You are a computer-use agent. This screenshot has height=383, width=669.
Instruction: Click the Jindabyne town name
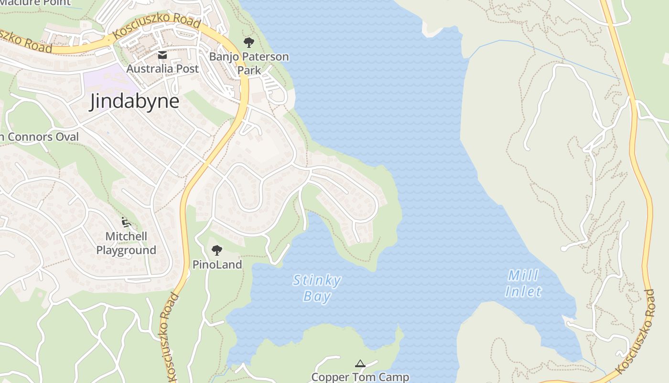pyautogui.click(x=134, y=101)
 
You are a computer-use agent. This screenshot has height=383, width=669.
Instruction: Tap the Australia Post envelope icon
pyautogui.click(x=162, y=55)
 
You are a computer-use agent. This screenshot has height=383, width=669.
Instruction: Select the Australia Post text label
pyautogui.click(x=162, y=68)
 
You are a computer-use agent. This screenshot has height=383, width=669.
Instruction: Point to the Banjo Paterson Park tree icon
pyautogui.click(x=248, y=43)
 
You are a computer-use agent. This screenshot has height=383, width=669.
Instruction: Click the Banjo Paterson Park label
pyautogui.click(x=249, y=63)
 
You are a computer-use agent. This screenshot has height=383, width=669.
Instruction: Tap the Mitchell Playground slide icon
pyautogui.click(x=126, y=222)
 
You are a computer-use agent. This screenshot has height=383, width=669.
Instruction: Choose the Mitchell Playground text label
pyautogui.click(x=126, y=243)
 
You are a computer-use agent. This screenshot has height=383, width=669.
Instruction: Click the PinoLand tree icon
pyautogui.click(x=217, y=250)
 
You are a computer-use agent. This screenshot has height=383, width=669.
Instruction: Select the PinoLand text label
pyautogui.click(x=217, y=264)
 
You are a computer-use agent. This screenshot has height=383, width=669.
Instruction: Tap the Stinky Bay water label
pyautogui.click(x=317, y=288)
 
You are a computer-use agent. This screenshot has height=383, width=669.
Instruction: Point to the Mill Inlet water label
pyautogui.click(x=523, y=283)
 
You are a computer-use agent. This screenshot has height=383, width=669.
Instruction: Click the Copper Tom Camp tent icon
pyautogui.click(x=360, y=364)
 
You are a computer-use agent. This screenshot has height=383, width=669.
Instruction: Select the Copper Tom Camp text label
pyautogui.click(x=360, y=377)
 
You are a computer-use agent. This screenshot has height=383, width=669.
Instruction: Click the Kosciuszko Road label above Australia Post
pyautogui.click(x=157, y=26)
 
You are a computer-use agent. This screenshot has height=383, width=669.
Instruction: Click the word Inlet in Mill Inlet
pyautogui.click(x=524, y=291)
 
